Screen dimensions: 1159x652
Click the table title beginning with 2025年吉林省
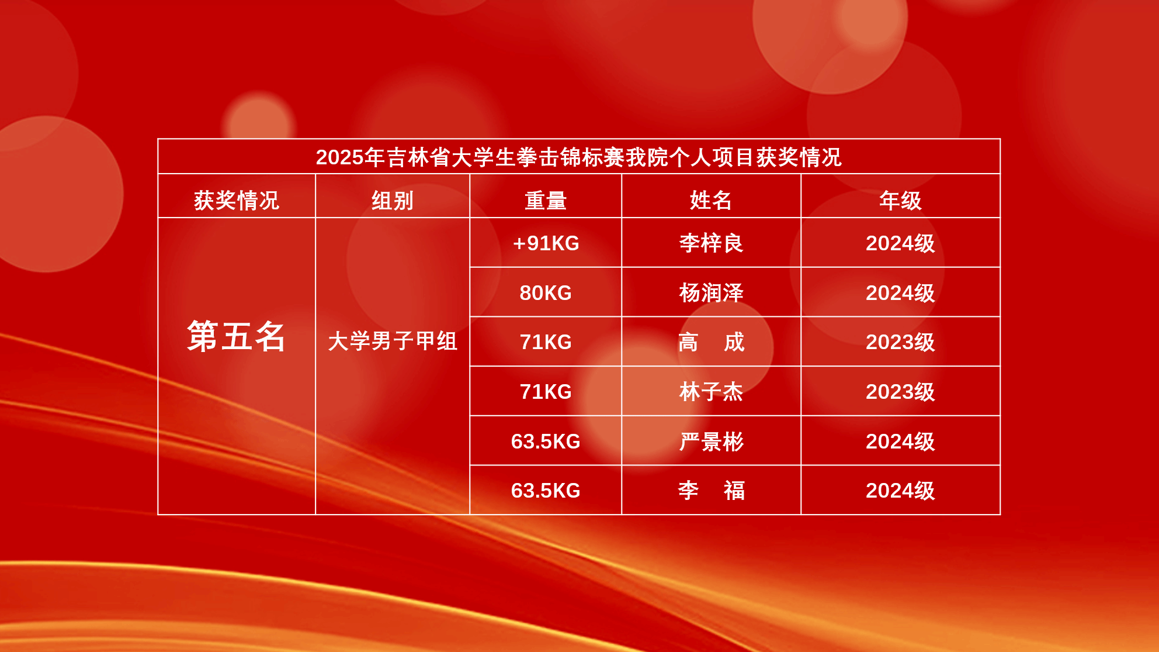(578, 157)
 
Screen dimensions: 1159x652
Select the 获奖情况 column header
(237, 201)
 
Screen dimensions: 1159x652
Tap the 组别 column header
(393, 201)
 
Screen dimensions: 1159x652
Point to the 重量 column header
(546, 201)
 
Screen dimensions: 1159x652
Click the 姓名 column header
(711, 201)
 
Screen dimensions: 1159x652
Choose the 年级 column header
(900, 201)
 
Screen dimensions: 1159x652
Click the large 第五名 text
(236, 336)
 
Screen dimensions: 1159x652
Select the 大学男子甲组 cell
(393, 341)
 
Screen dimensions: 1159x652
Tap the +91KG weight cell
(546, 243)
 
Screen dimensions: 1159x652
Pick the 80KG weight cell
(546, 293)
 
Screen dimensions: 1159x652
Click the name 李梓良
(711, 243)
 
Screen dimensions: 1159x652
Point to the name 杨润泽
(711, 293)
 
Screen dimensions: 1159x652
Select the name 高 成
(711, 342)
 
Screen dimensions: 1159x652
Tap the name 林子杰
(711, 392)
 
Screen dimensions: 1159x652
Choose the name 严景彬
(711, 441)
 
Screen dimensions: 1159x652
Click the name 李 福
(711, 491)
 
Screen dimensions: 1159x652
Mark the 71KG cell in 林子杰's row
(546, 392)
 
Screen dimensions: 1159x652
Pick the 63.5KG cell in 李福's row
(546, 491)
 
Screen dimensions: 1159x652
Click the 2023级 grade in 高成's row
(900, 342)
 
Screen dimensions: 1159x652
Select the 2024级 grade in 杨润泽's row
(900, 293)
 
